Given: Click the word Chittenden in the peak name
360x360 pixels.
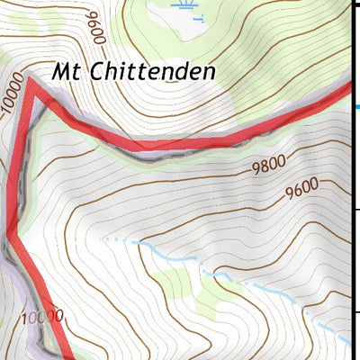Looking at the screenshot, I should click(148, 70).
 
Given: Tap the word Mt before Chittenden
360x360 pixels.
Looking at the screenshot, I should click(66, 70).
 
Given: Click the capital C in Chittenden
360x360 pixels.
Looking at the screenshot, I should click(92, 70).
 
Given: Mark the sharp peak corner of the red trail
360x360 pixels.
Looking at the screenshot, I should click(30, 83).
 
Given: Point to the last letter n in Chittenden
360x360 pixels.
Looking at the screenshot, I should click(209, 71).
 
